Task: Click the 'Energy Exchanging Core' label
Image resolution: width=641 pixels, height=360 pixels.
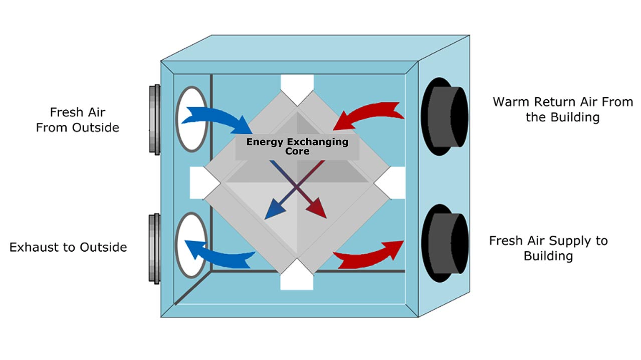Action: (x=297, y=146)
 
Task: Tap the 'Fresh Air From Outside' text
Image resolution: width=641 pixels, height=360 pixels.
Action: (x=78, y=120)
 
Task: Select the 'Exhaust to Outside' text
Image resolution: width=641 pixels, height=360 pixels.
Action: (x=68, y=247)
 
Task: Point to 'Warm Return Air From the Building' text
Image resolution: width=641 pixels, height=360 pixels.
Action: (x=562, y=110)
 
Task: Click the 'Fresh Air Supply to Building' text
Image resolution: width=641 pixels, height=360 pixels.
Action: (x=548, y=248)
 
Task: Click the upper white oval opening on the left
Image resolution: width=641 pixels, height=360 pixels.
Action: (x=191, y=119)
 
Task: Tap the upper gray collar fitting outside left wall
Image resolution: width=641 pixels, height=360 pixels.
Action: (x=155, y=119)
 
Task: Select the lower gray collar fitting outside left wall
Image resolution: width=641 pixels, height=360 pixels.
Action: (x=155, y=249)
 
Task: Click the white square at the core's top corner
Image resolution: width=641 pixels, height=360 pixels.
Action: (x=297, y=83)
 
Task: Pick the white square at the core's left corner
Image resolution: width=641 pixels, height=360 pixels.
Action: (x=199, y=183)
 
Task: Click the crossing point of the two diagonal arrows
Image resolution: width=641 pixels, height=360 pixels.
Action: (x=297, y=187)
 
